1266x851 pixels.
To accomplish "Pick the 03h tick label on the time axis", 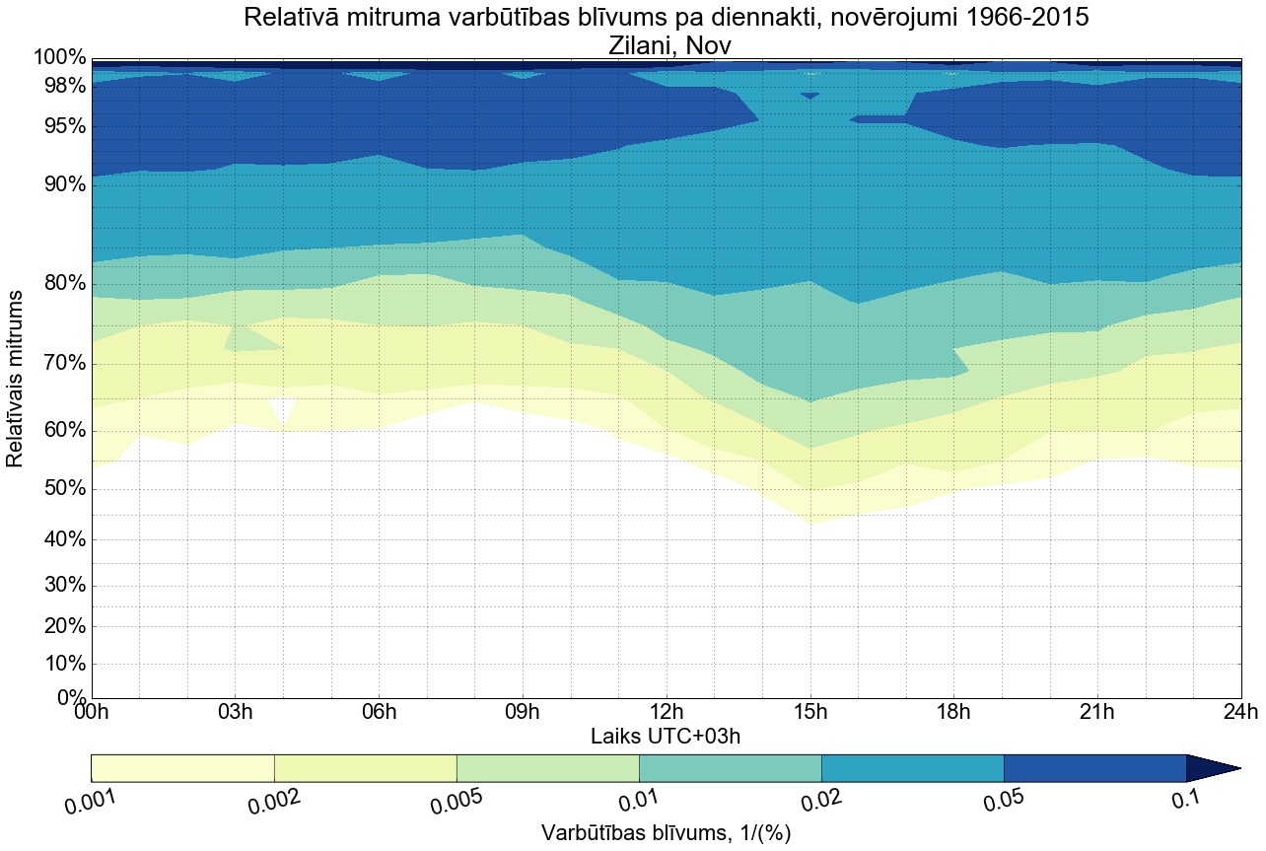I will click(x=235, y=712).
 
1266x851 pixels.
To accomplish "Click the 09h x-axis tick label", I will click(x=523, y=712).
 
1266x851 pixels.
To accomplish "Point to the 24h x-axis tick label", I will click(x=1240, y=712).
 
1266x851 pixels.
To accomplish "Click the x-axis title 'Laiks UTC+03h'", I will click(x=666, y=736).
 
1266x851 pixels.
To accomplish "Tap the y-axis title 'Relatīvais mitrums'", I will click(x=16, y=379).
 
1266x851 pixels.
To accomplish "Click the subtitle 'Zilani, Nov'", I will click(x=666, y=45).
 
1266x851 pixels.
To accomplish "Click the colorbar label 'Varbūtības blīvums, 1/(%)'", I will click(x=667, y=832).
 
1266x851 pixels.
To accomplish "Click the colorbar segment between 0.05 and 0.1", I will click(x=1094, y=768).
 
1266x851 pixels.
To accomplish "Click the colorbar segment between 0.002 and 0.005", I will click(x=365, y=768).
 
